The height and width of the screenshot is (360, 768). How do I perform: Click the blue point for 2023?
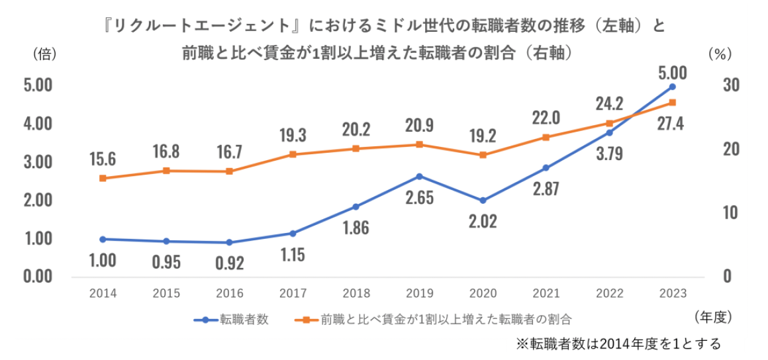tap(672, 87)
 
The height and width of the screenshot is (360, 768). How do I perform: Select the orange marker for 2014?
tap(103, 178)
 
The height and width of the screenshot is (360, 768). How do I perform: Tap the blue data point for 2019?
tap(420, 176)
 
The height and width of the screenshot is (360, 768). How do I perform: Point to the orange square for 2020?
tap(483, 155)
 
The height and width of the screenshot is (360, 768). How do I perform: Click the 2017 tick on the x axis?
tap(293, 293)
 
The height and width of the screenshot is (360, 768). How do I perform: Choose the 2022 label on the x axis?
tap(609, 293)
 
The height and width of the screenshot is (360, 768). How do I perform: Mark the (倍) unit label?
tap(42, 55)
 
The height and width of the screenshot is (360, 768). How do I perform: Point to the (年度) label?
tap(712, 318)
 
